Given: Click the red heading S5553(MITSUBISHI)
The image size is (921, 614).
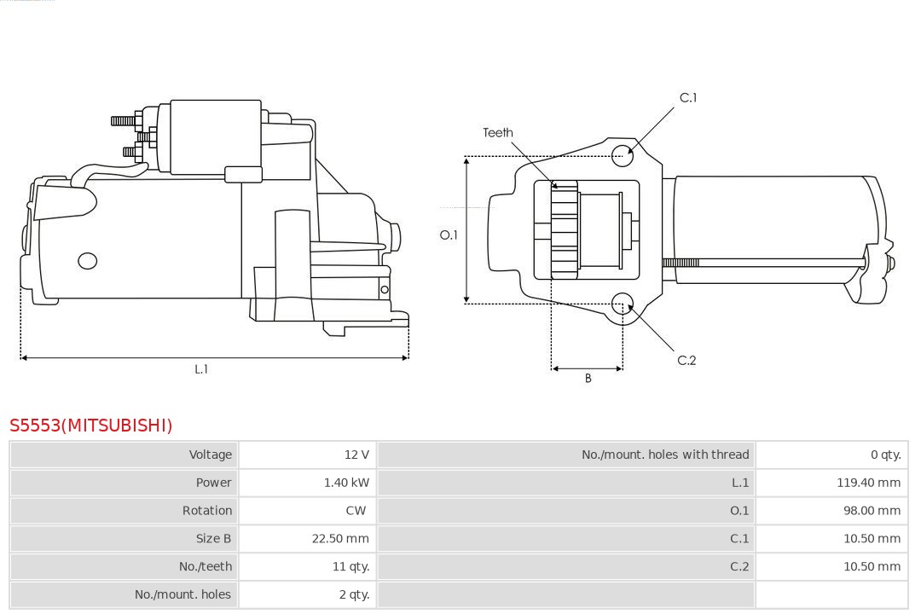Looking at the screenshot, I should coord(91,425).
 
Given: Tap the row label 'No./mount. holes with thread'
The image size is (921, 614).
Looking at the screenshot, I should coord(665,455).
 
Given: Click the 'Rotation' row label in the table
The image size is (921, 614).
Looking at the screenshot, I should coord(206,511).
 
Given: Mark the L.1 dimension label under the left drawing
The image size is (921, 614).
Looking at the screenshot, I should coord(201,369).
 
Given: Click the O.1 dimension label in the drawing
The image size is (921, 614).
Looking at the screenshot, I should coord(449,235).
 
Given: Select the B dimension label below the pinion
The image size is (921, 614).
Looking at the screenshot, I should coord(588,378).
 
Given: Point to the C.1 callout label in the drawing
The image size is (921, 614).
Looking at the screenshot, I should coord(687,98).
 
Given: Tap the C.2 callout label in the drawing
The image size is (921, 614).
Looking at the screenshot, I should coord(686,361).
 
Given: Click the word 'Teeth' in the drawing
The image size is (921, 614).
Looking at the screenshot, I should coord(498,132).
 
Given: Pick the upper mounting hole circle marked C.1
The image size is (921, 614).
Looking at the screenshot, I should coord(623,153).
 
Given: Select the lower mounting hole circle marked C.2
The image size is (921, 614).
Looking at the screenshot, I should coord(623,303).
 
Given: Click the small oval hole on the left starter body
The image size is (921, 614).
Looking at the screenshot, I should coord(87,261).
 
